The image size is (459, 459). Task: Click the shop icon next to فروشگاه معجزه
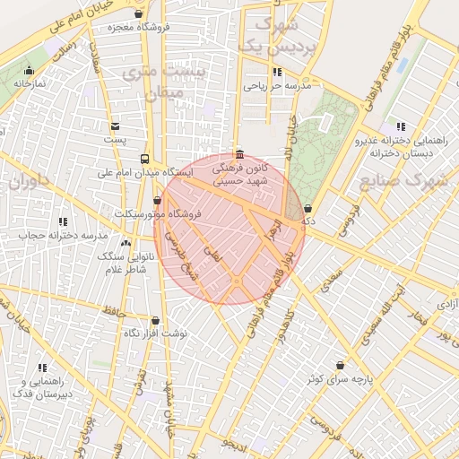138,13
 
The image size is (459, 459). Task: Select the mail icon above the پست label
115,126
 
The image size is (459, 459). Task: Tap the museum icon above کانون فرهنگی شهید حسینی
238,154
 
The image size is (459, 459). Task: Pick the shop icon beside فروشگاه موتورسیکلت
159,201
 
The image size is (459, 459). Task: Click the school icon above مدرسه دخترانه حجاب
63,221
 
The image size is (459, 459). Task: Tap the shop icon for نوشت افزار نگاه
155,320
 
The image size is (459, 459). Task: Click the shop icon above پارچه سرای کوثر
340,366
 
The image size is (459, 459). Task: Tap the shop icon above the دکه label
308,207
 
